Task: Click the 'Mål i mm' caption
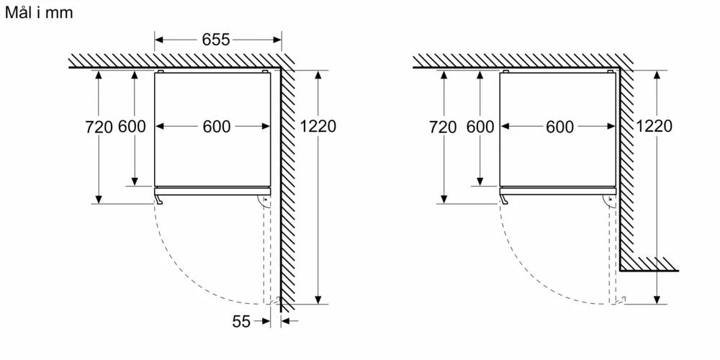(x=39, y=12)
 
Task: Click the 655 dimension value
(x=216, y=40)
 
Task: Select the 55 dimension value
(x=241, y=321)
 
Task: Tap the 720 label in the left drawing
(x=99, y=127)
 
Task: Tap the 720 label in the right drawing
(x=443, y=127)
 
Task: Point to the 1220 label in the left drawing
(x=318, y=126)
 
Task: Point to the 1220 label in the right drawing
(x=654, y=126)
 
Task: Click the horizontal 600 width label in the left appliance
(x=217, y=127)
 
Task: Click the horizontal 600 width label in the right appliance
(x=560, y=127)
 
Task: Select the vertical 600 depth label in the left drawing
(x=132, y=126)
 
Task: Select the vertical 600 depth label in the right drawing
(x=480, y=126)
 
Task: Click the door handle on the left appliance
(x=158, y=199)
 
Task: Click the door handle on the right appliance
(x=504, y=199)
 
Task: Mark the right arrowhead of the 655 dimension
(x=277, y=40)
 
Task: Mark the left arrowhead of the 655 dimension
(x=159, y=40)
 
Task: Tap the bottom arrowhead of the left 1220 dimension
(x=318, y=300)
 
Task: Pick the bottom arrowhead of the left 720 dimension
(x=98, y=199)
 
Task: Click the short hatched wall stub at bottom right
(x=649, y=264)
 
